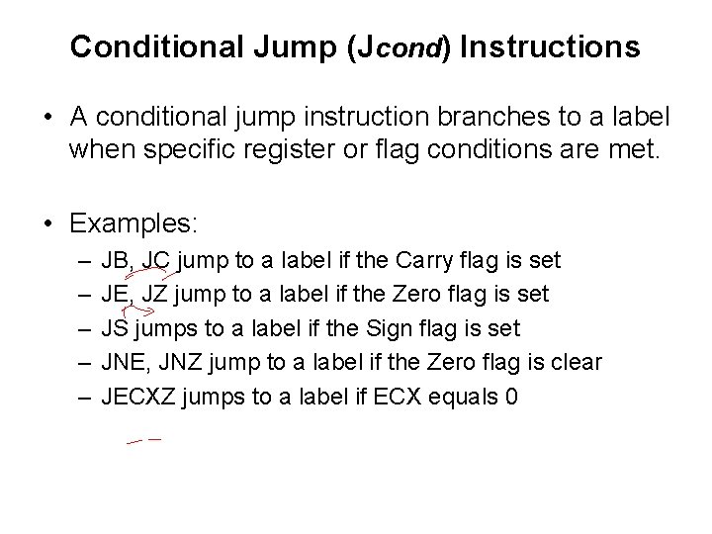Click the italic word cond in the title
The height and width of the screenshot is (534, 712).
(x=407, y=49)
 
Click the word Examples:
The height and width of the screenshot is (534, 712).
(x=134, y=224)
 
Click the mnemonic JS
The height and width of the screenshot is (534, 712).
(x=115, y=327)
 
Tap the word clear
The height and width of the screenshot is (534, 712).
(x=575, y=362)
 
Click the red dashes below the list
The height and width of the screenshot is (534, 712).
(x=144, y=440)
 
